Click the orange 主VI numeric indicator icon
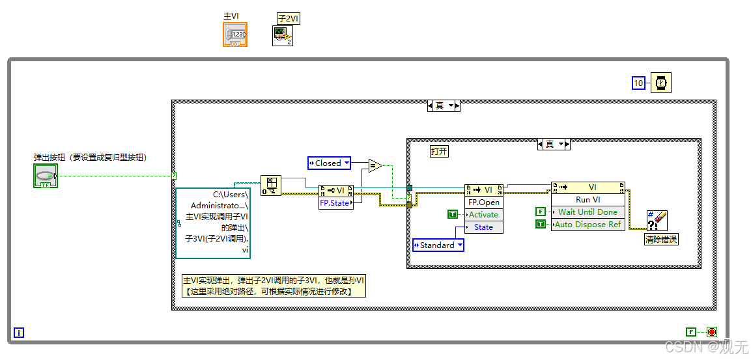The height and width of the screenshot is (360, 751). tap(235, 35)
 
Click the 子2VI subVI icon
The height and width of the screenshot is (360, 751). tap(283, 36)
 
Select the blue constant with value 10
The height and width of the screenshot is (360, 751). tap(638, 83)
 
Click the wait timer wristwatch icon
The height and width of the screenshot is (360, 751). tap(660, 83)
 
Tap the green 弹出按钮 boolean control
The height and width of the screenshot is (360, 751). tap(46, 176)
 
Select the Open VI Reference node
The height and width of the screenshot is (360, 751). tap(271, 186)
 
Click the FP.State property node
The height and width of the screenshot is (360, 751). tap(334, 203)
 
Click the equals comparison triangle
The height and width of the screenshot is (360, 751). tap(375, 165)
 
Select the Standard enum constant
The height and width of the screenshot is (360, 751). tap(438, 245)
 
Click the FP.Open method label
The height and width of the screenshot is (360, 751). tap(483, 202)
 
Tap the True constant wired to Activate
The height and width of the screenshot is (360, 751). tap(453, 214)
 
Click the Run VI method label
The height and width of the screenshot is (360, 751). tap(588, 200)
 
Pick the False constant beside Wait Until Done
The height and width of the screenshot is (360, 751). tap(540, 212)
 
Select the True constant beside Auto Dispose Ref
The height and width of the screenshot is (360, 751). tap(540, 224)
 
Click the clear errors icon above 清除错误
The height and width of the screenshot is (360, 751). tap(657, 221)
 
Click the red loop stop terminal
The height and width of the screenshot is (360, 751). tap(711, 331)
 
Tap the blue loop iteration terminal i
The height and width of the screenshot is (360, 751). tap(19, 333)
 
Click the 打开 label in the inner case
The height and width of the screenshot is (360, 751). tap(439, 151)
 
